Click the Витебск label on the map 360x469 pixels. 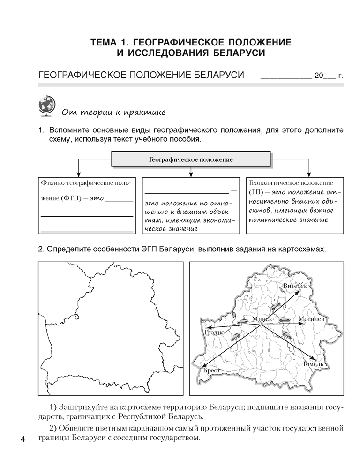tap(295, 286)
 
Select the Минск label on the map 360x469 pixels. tap(262, 319)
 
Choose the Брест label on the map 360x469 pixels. tap(212, 371)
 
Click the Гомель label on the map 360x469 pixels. tap(314, 364)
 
